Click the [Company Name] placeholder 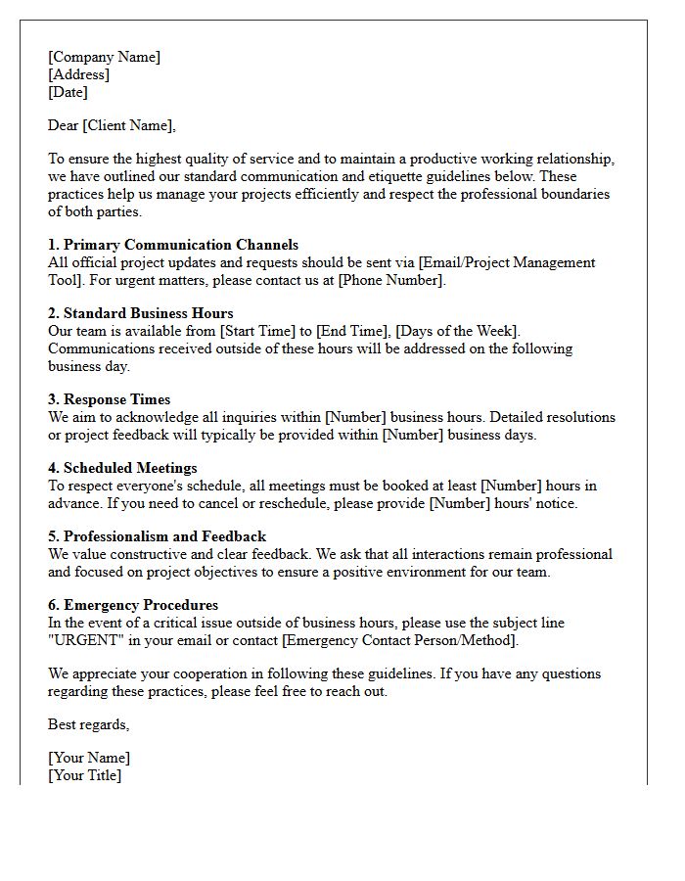point(104,57)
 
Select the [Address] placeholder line point(78,74)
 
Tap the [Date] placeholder point(68,92)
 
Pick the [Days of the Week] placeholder point(457,331)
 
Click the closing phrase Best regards point(88,724)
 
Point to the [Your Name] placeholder point(89,758)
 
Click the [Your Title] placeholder point(85,775)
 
